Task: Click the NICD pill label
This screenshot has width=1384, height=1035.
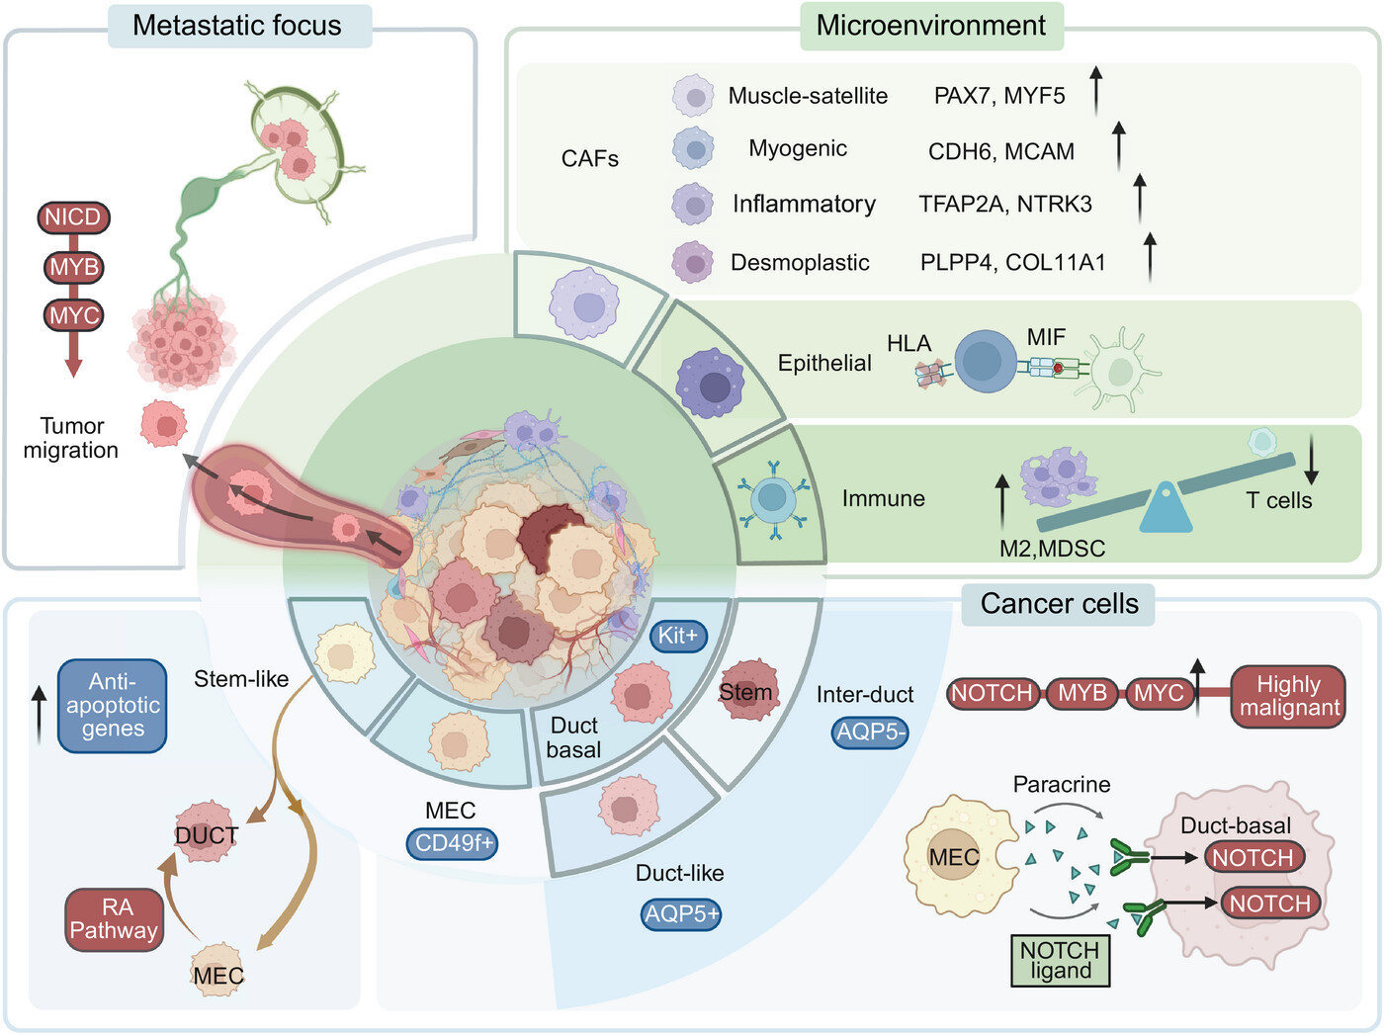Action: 73,217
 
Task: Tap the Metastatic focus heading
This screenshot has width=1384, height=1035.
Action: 237,26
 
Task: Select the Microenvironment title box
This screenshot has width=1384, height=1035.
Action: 931,26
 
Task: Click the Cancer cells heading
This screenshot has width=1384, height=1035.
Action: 1060,604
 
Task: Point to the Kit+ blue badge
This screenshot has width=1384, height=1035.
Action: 678,636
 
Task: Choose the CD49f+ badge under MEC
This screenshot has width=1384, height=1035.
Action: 453,843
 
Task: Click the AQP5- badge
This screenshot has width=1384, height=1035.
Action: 870,732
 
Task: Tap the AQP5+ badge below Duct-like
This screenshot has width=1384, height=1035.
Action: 681,914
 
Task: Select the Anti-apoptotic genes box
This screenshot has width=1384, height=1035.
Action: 113,706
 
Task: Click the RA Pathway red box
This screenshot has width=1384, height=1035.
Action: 114,919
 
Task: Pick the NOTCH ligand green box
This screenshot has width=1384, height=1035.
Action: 1061,960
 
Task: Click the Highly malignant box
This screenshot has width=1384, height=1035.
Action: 1288,697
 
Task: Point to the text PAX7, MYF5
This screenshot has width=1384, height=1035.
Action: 999,96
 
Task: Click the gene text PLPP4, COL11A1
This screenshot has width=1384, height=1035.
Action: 1013,263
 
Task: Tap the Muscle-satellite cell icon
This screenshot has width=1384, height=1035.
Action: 694,96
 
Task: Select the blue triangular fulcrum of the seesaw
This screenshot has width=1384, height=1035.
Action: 1166,508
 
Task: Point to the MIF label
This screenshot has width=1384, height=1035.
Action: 1046,338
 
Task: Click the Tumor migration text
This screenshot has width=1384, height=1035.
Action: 70,438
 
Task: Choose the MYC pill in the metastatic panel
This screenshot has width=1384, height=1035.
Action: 74,315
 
